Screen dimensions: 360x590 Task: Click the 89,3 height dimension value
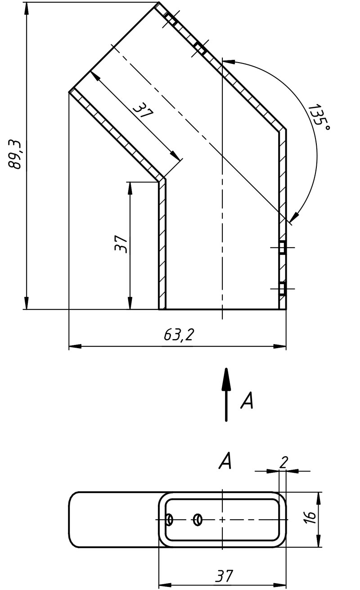[x=14, y=154]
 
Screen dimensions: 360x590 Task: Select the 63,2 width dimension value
[x=179, y=335]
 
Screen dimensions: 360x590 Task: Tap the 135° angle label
[x=319, y=118]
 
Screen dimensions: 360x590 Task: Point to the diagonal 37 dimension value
[x=143, y=111]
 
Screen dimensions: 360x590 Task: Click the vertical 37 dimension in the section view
[x=121, y=244]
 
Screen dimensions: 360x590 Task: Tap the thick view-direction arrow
[x=226, y=395]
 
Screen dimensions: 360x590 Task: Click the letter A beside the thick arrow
[x=247, y=400]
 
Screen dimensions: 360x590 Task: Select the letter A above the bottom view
[x=225, y=461]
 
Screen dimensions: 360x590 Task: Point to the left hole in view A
[x=170, y=520]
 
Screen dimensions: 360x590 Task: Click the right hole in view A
[x=198, y=520]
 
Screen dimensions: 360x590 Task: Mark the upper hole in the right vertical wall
[x=282, y=248]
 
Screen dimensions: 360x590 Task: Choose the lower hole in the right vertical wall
[x=282, y=289]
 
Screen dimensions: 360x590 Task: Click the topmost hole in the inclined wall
[x=171, y=19]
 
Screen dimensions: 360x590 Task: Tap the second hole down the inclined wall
[x=200, y=48]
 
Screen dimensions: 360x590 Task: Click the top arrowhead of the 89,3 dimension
[x=26, y=9]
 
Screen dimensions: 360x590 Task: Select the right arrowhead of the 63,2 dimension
[x=280, y=346]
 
